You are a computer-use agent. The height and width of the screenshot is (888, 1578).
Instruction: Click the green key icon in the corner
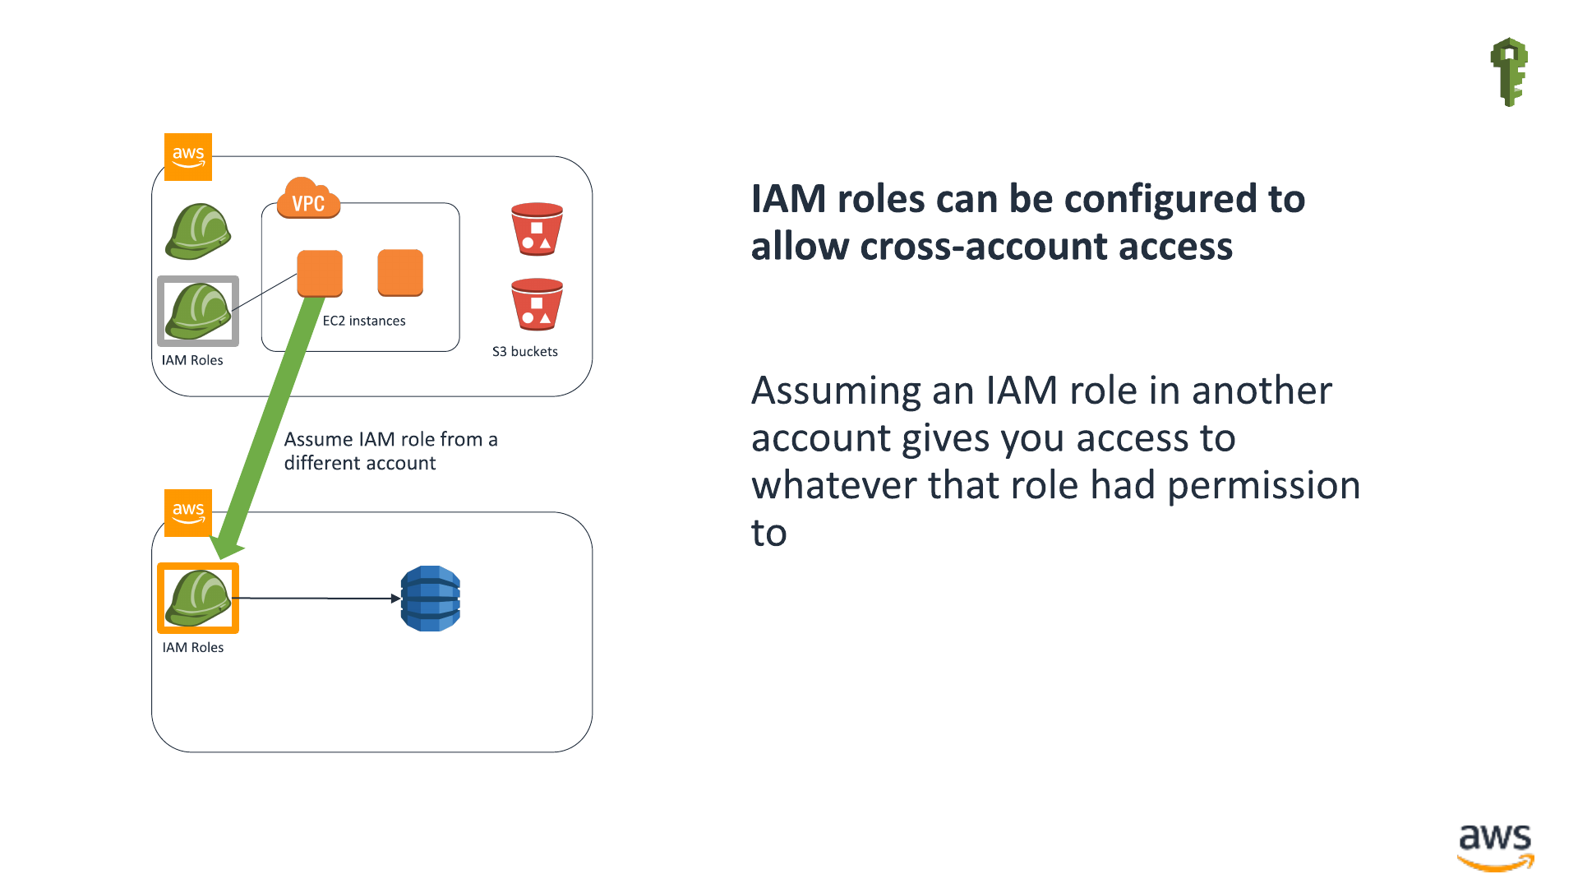tap(1509, 72)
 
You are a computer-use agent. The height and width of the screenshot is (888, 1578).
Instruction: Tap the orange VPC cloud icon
tap(308, 198)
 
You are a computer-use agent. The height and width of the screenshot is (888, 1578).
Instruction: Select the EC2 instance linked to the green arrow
tap(320, 273)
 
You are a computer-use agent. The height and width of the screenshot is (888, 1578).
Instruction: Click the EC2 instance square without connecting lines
tap(400, 273)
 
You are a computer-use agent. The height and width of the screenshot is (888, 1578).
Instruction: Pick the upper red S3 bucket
tap(537, 229)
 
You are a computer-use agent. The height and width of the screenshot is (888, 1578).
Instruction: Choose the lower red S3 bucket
tap(537, 304)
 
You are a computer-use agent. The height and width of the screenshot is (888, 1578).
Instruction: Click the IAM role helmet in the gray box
tap(198, 311)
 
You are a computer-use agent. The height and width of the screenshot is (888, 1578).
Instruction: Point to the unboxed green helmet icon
tap(198, 231)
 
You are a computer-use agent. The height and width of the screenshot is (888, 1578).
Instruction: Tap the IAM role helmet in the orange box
tap(198, 598)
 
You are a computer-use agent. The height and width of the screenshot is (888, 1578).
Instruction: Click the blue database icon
tap(430, 599)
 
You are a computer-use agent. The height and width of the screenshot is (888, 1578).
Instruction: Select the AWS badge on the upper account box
tap(188, 157)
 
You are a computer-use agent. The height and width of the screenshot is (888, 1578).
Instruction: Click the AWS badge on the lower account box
tap(188, 513)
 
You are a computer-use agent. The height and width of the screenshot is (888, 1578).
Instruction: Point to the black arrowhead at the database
tap(395, 599)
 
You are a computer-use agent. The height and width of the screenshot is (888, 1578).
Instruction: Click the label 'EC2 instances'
tap(364, 321)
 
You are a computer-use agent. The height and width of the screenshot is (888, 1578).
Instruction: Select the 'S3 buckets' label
tap(525, 351)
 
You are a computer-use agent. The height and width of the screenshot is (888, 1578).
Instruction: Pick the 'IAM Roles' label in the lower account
tap(193, 647)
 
